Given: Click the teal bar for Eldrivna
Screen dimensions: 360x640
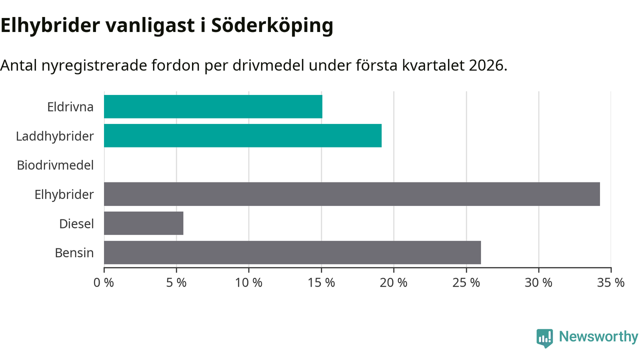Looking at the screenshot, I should point(213,106).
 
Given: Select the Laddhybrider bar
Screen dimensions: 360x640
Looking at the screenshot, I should point(242,135).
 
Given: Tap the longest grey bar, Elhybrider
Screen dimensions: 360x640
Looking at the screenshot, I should point(351,194).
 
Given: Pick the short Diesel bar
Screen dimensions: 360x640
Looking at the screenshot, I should point(143,223).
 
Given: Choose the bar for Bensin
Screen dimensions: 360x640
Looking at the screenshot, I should point(292,252).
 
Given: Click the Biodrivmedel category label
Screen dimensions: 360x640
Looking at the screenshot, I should point(55,165).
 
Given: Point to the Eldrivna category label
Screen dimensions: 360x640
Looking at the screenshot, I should point(70,106).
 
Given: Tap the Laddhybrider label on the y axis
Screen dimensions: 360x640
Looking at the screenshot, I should point(54,135).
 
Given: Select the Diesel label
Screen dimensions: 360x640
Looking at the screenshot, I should point(76,223).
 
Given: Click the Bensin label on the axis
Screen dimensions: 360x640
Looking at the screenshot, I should point(74,252).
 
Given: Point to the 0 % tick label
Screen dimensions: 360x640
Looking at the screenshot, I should point(104,282).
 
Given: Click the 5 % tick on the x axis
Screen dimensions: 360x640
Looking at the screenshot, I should point(176,282).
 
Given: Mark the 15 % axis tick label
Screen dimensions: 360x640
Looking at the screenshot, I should point(321,282).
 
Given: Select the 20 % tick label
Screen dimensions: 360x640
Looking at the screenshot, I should point(393,282).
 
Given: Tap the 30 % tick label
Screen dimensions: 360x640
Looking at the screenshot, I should point(538,282).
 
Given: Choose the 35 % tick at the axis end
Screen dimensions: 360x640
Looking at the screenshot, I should point(611,282).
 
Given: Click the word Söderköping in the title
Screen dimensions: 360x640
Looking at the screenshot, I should point(272,26).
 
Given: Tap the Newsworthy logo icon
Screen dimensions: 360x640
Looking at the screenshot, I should point(544,337).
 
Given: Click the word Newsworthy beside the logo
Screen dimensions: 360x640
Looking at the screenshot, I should point(598,336).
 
